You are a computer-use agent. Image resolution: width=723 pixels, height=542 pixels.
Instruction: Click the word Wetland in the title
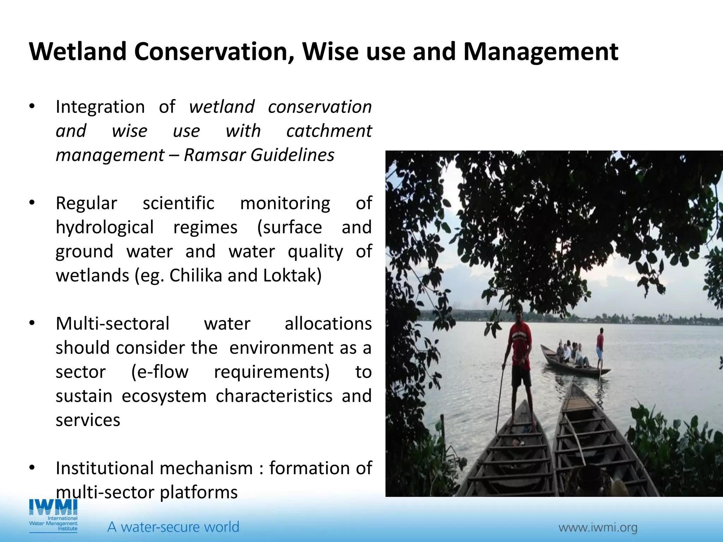(78, 52)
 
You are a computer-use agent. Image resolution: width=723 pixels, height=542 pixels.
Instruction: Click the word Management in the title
(540, 52)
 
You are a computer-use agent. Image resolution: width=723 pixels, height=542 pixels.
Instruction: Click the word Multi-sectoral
(113, 324)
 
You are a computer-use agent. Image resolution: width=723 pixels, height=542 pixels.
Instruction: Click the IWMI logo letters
(53, 508)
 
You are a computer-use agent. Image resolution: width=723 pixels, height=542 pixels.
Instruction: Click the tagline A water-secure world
(173, 527)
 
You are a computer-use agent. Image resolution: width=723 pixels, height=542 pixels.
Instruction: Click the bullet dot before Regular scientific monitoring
(32, 203)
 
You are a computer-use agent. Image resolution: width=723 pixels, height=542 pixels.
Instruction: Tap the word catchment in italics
(329, 131)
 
